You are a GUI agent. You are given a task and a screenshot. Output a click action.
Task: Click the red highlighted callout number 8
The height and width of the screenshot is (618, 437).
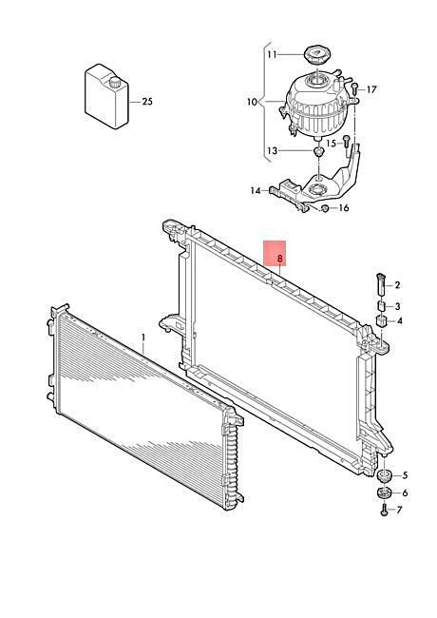point(280,259)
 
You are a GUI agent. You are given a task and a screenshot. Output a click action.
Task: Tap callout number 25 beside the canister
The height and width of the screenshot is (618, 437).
point(147,102)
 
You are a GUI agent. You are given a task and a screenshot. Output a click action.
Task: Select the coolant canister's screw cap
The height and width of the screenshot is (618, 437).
point(115,83)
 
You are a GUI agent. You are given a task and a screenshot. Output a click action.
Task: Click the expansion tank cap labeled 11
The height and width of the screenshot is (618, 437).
point(317,54)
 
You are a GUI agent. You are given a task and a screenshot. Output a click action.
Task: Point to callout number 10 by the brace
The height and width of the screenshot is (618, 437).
point(252,102)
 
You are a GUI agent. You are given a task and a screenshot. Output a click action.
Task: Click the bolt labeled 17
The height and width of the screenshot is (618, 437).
point(354,89)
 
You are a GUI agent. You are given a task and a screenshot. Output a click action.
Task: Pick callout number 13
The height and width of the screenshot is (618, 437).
point(273,150)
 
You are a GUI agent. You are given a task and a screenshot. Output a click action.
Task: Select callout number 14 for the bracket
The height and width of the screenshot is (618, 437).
point(256,191)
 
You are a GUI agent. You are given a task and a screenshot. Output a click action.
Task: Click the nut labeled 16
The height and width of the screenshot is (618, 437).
point(325,208)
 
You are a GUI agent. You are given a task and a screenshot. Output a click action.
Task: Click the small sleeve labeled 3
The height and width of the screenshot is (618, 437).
point(381,306)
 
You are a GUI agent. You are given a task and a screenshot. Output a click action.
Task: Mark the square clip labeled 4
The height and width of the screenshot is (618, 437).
point(381,320)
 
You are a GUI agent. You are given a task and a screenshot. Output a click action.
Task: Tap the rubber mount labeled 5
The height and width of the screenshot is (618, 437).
point(383,475)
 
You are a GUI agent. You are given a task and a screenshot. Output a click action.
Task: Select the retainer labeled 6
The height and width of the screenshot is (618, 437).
point(383,492)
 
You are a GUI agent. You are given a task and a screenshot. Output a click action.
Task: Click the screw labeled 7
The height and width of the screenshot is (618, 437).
point(384,510)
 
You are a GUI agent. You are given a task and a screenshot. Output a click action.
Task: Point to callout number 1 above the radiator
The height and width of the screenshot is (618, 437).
point(143,338)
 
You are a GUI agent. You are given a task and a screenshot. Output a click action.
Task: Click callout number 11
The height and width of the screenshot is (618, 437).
point(273,54)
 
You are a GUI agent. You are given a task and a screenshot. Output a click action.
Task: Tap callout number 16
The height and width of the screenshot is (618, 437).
point(344,207)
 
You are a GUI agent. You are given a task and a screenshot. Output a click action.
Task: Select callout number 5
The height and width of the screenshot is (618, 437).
point(406,475)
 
